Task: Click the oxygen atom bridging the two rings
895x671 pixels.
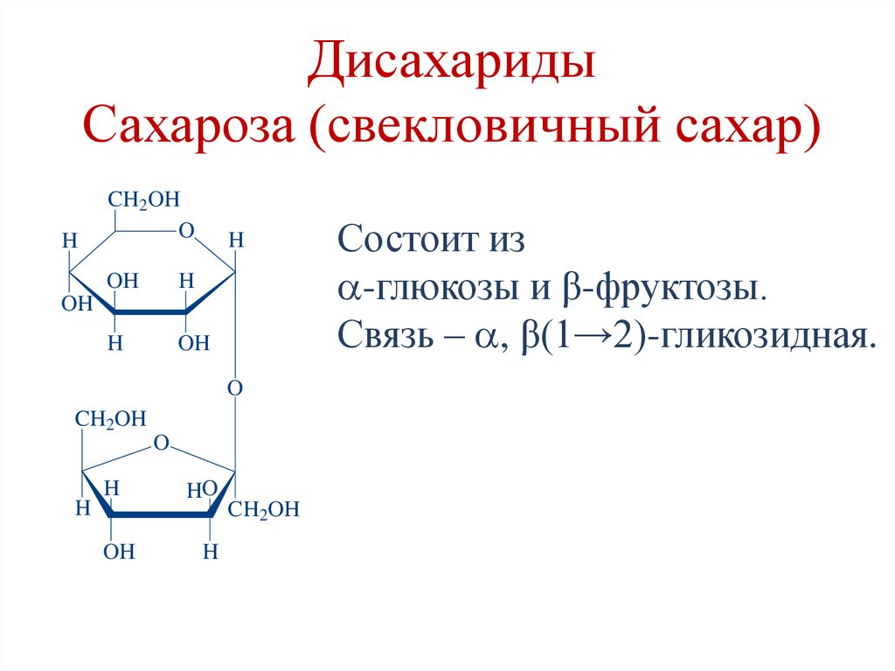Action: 234,387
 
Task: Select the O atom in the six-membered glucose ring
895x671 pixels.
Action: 185,231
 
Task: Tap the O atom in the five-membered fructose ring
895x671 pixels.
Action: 160,444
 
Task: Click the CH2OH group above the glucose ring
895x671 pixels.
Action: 143,200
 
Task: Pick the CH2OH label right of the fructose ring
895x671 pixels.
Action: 263,510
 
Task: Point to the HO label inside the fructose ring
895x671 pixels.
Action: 201,491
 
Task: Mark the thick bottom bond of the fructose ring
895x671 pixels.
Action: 162,514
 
